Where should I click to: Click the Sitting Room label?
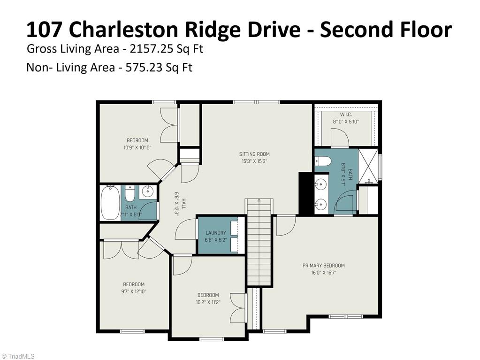pos(254,154)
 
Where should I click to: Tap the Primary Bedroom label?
pos(323,265)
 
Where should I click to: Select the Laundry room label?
pos(215,233)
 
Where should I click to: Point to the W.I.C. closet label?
pos(346,115)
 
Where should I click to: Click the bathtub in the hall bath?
pos(110,202)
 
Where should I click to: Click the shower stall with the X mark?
pos(369,166)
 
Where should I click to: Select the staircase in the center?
pos(259,244)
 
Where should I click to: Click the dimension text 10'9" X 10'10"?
pos(137,147)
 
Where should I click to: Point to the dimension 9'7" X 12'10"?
pos(134,291)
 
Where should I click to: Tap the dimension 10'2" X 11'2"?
pos(208,302)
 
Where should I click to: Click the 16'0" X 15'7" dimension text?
pos(323,272)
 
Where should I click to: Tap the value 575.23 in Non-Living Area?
pos(141,67)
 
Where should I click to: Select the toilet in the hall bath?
pos(130,192)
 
